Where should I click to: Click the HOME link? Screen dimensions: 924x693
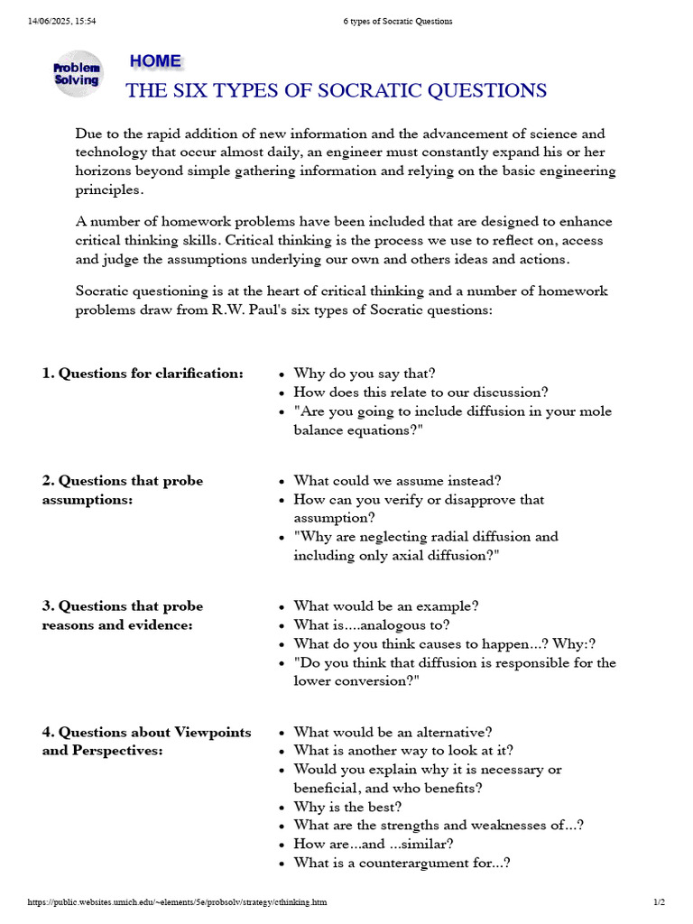(155, 61)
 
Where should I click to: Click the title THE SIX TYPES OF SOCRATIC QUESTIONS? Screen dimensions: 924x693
(336, 90)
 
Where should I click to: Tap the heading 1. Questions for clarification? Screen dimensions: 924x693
(143, 374)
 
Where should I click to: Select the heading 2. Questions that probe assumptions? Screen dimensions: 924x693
(123, 490)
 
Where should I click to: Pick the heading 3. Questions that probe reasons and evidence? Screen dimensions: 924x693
(123, 615)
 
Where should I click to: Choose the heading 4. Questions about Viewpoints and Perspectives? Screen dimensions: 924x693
(146, 741)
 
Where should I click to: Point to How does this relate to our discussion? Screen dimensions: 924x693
(420, 393)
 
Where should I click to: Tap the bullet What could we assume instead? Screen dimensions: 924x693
(397, 481)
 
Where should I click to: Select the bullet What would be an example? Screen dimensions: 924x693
(386, 606)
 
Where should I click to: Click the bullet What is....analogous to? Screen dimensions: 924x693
(372, 624)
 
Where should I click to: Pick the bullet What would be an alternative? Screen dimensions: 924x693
(393, 733)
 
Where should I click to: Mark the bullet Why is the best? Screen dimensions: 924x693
(348, 807)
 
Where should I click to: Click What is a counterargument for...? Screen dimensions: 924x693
(402, 863)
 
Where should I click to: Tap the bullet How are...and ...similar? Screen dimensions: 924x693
(374, 844)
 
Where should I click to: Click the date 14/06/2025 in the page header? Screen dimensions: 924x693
(45, 22)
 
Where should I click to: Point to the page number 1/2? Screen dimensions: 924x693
(660, 902)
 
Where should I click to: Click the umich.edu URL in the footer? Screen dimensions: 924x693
(177, 902)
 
